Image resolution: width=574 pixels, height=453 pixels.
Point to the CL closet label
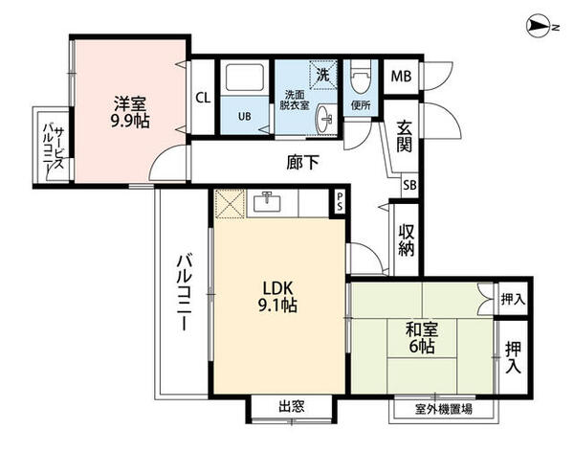click(x=203, y=98)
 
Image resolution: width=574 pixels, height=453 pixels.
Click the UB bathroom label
click(x=244, y=117)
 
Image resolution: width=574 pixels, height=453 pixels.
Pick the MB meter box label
click(x=400, y=75)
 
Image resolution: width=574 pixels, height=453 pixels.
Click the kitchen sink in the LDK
click(x=265, y=202)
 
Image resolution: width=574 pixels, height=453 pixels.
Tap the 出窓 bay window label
click(x=291, y=407)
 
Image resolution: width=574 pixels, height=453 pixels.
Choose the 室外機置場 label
click(x=441, y=409)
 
